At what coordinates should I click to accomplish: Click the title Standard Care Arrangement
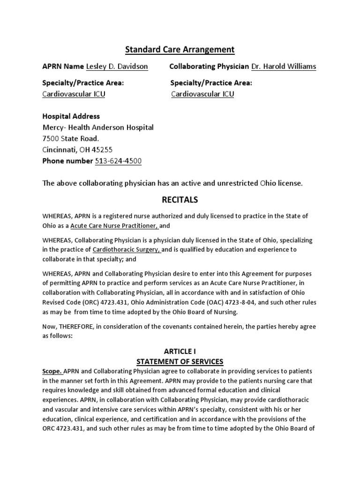180,49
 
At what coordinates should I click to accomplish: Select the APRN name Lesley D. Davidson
117,67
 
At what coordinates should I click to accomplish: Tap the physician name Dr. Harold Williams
284,67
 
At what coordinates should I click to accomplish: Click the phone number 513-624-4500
118,161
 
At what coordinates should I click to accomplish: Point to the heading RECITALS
180,200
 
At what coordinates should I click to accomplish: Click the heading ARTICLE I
180,352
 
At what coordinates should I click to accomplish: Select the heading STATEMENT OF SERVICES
180,361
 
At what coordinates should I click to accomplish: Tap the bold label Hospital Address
71,116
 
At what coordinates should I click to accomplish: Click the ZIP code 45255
102,150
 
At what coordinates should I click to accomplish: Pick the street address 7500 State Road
71,139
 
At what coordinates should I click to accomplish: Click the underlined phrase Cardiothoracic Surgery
127,250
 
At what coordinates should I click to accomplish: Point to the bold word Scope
52,371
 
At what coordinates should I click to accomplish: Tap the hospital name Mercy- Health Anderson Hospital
98,127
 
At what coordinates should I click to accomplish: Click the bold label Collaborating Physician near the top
209,67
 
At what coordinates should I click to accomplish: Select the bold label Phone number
67,161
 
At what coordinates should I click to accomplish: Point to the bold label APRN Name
63,67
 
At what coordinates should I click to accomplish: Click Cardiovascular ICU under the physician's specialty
202,94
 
